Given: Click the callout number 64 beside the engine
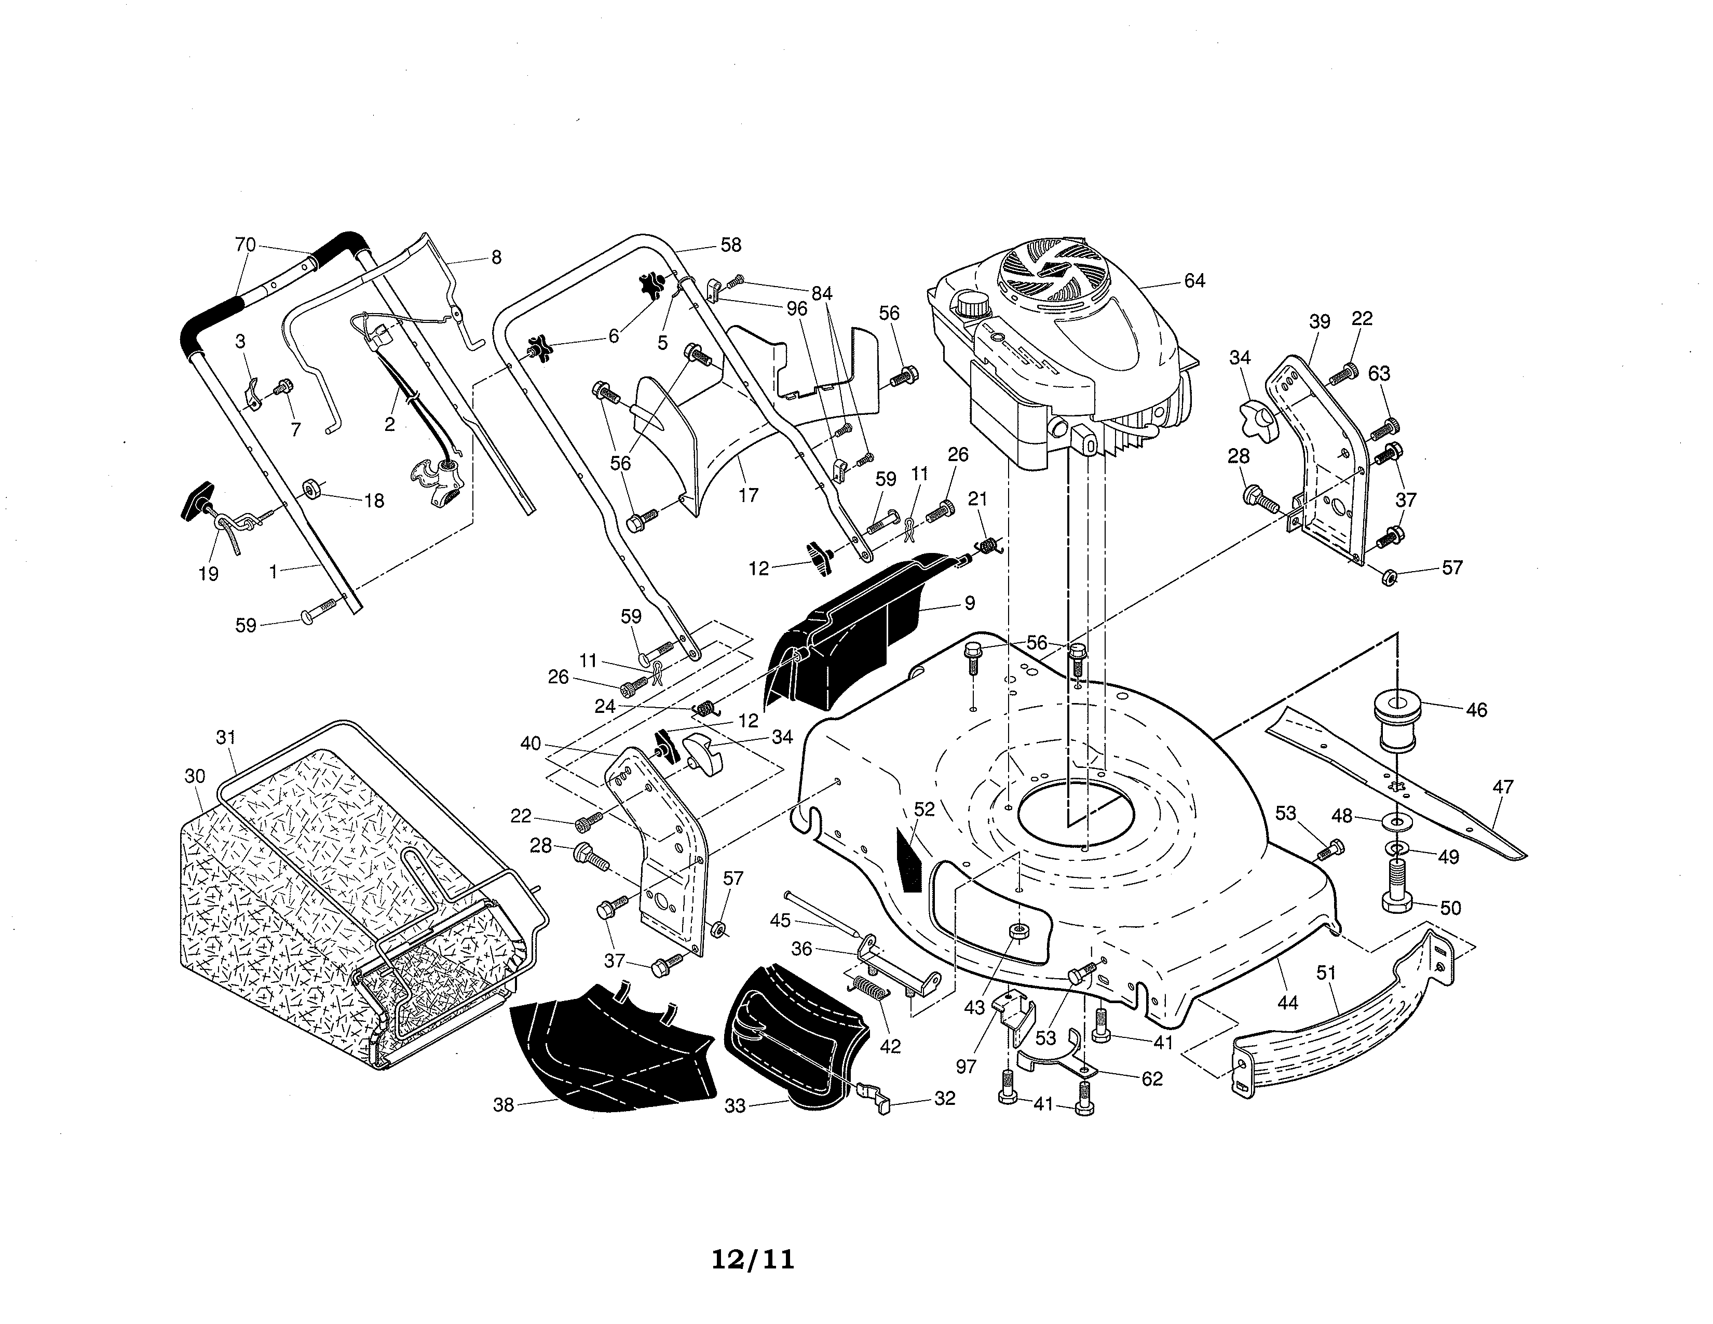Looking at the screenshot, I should (1194, 281).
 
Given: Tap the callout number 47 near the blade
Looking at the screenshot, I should (1502, 787).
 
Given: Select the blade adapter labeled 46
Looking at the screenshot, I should (1398, 720).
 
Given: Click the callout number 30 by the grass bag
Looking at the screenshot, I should (195, 777).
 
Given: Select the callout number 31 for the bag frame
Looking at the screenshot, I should (226, 737).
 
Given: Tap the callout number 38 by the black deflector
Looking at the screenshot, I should (503, 1104).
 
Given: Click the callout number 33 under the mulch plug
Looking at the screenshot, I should (734, 1105).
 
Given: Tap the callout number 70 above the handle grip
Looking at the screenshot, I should (246, 245).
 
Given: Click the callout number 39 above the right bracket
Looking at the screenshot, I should (1319, 321).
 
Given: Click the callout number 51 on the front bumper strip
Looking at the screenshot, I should (1326, 974).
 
